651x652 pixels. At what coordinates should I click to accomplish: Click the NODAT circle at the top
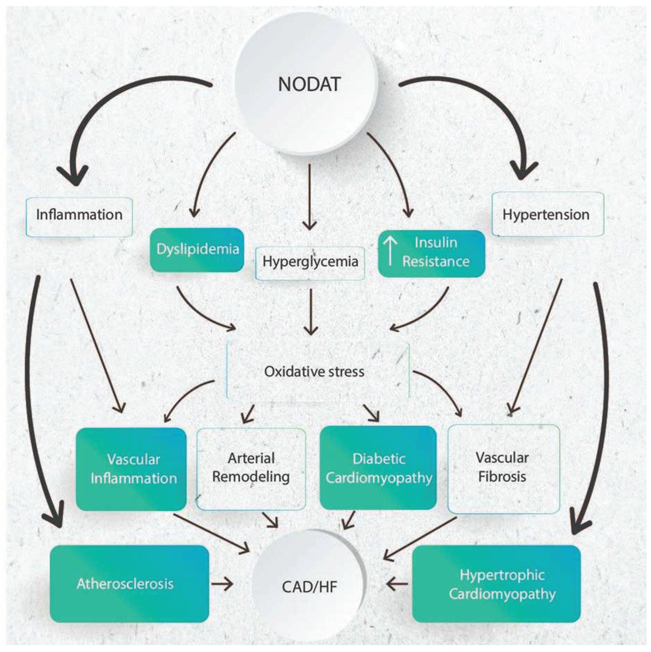pos(309,84)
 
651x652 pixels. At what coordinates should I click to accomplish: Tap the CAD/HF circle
pos(309,587)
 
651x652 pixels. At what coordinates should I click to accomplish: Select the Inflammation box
pos(79,215)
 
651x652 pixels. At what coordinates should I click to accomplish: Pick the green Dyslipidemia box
pos(197,250)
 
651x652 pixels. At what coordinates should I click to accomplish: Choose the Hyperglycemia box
pos(310,262)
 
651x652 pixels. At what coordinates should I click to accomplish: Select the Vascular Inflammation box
pos(132,469)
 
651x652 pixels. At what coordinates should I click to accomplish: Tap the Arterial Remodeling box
pos(251,468)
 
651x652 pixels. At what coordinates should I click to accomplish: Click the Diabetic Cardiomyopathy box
pos(378,468)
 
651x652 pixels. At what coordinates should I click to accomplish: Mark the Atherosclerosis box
pos(129,584)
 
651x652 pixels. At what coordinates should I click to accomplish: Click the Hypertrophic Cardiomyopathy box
pos(496,584)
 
